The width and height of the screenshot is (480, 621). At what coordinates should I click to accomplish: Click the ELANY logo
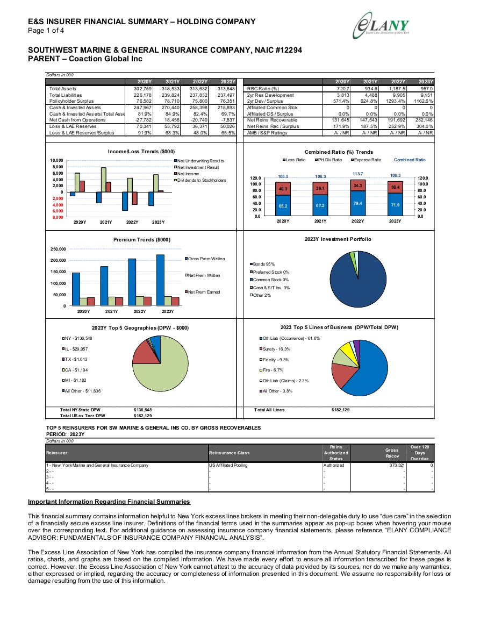(381, 26)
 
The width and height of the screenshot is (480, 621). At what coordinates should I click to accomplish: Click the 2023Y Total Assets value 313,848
(227, 89)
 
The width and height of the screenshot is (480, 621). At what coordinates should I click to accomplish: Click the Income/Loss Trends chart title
(141, 151)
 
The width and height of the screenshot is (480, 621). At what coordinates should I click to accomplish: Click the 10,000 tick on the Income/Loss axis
(56, 160)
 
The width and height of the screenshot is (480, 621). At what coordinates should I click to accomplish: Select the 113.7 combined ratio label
(357, 174)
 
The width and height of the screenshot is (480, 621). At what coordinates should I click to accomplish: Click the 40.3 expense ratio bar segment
(283, 189)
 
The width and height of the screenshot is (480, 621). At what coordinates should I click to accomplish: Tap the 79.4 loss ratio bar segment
(357, 203)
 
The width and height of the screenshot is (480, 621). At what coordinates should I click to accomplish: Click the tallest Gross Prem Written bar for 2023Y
(160, 280)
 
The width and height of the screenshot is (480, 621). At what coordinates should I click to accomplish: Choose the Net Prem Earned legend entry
(202, 292)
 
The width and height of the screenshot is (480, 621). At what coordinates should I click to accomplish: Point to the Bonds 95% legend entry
(262, 264)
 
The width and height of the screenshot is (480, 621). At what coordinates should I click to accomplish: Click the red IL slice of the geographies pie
(143, 353)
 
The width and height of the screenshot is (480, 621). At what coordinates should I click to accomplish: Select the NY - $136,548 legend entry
(77, 338)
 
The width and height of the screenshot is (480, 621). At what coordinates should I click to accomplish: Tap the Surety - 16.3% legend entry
(275, 349)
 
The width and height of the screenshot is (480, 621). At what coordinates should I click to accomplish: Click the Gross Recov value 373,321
(397, 466)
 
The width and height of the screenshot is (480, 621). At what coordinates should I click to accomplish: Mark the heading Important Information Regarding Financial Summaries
(109, 502)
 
